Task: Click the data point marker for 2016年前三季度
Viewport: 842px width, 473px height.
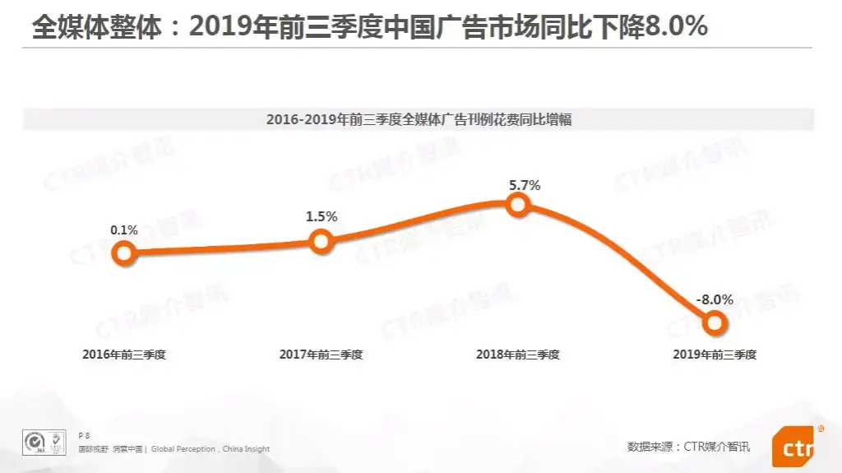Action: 124,253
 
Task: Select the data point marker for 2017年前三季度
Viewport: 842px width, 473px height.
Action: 322,241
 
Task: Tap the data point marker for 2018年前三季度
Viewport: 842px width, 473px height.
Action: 518,204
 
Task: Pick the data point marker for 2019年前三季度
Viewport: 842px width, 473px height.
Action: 715,323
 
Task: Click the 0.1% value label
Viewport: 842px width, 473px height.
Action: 124,230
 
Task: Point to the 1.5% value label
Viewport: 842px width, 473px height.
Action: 322,216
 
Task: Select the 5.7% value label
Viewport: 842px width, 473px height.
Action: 525,185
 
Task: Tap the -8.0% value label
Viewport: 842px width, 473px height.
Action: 714,299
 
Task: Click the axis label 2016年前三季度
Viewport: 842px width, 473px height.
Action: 124,355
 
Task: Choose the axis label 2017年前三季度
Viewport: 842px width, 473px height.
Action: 322,355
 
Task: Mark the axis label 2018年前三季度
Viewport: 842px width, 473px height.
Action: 518,355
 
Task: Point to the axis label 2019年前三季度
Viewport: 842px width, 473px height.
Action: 715,355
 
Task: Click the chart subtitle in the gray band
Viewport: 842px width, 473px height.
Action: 419,120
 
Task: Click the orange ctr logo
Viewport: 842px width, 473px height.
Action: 793,449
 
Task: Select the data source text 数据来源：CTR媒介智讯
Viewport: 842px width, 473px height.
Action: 689,447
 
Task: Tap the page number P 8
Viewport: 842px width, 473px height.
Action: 83,434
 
